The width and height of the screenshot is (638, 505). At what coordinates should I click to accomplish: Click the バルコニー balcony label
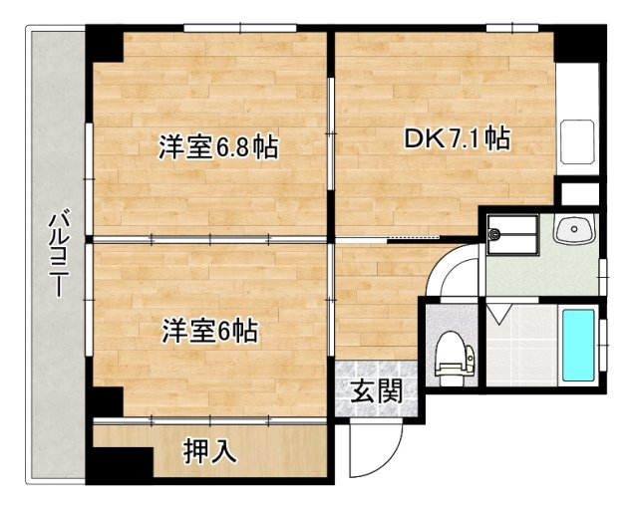tap(58, 254)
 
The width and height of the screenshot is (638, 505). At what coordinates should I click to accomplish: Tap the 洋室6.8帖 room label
tap(217, 148)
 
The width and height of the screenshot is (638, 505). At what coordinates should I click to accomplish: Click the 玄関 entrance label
tap(377, 389)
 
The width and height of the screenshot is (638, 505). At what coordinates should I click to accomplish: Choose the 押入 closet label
tap(210, 450)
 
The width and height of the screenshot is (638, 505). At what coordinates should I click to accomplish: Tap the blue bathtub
tap(577, 344)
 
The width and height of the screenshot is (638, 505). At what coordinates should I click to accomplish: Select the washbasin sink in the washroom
tap(575, 231)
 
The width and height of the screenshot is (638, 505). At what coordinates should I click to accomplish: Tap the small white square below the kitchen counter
tap(577, 193)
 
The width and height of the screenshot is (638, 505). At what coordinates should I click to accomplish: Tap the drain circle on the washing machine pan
tap(494, 235)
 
